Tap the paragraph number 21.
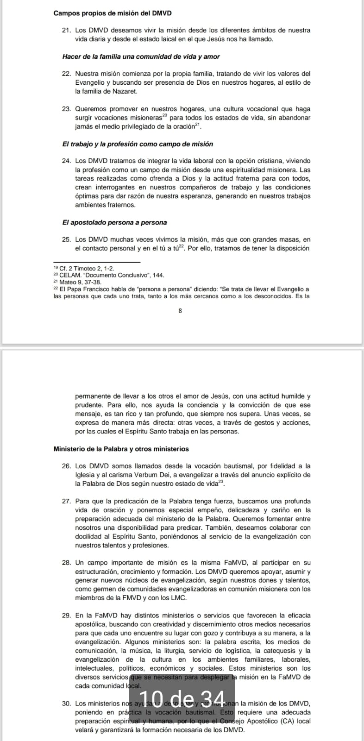tap(66, 31)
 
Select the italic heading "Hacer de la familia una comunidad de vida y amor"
tap(141, 57)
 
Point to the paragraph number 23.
tap(66, 109)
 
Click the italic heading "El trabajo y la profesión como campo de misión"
tap(138, 144)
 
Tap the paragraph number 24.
tap(66, 161)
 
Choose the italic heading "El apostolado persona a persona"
tap(114, 222)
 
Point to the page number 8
tap(180, 311)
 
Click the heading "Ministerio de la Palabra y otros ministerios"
tap(121, 449)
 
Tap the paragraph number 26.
tap(66, 466)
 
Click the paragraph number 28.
tap(66, 563)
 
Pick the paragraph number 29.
tap(66, 615)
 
